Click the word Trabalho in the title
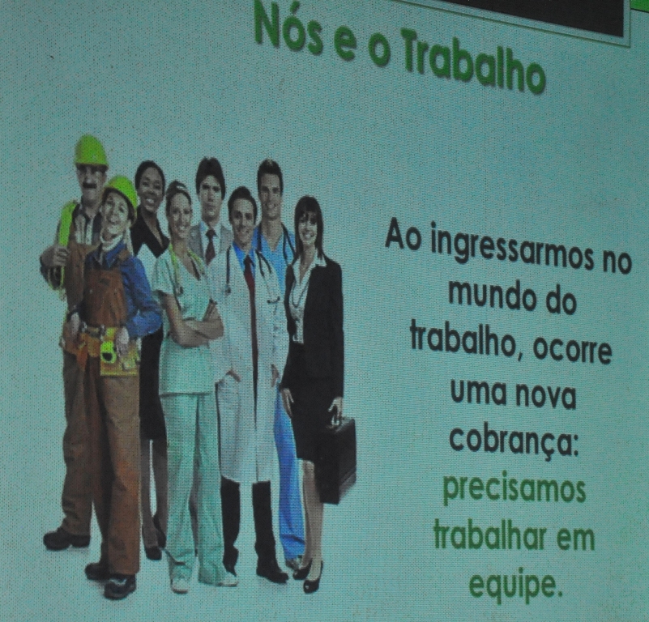point(472,62)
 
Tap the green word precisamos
point(514,492)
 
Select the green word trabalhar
point(493,537)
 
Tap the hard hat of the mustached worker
point(91,151)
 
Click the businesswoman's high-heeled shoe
point(314,578)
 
